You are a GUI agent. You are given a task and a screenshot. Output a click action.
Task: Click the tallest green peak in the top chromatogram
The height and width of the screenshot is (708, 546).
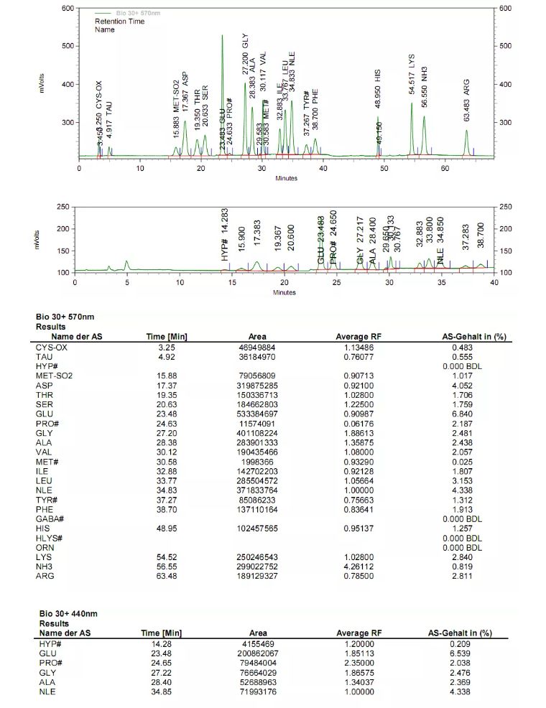point(222,36)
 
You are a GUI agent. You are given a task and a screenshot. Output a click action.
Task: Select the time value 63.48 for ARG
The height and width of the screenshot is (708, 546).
point(157,575)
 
